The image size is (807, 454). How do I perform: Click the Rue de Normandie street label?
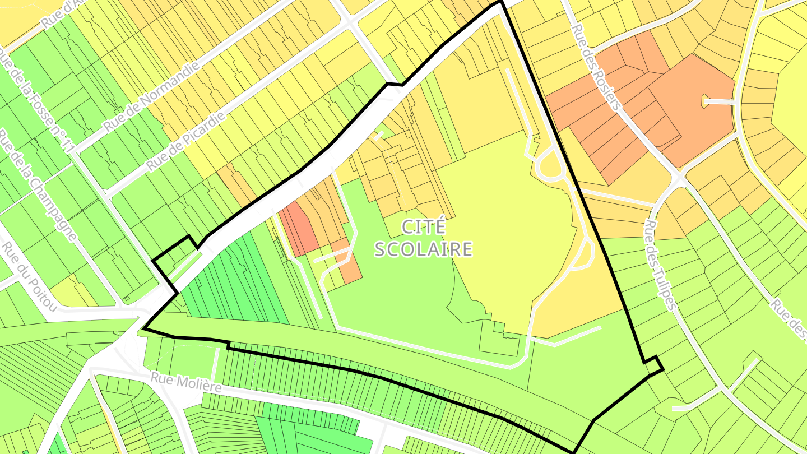pos(151,96)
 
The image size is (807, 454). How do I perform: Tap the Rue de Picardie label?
pos(186,141)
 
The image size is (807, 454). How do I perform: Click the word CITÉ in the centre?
pos(424,227)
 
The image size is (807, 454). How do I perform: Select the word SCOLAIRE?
pos(424,249)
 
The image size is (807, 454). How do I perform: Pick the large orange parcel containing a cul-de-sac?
pos(695,106)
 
